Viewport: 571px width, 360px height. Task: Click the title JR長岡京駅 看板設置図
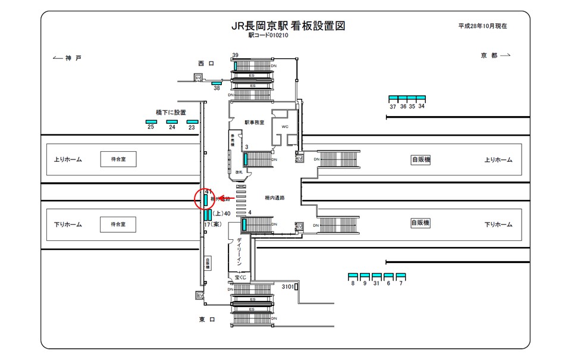(x=288, y=26)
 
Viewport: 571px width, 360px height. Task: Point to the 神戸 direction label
(x=67, y=57)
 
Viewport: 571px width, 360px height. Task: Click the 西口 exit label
(x=206, y=62)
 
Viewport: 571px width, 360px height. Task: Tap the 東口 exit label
(x=206, y=320)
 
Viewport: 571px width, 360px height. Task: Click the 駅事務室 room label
(x=253, y=122)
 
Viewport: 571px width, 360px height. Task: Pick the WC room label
(x=284, y=127)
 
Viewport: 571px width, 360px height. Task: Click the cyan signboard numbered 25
(x=151, y=121)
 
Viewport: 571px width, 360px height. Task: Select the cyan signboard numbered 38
(x=217, y=83)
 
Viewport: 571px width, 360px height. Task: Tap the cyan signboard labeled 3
(x=245, y=159)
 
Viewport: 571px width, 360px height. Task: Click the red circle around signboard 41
(x=205, y=199)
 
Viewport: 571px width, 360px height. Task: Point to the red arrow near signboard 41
(x=224, y=199)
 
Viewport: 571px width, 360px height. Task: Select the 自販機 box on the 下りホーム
(x=421, y=223)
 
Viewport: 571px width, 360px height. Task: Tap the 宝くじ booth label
(x=240, y=278)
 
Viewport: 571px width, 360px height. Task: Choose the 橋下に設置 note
(x=171, y=112)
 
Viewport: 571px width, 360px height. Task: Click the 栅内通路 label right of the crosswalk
(x=274, y=198)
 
